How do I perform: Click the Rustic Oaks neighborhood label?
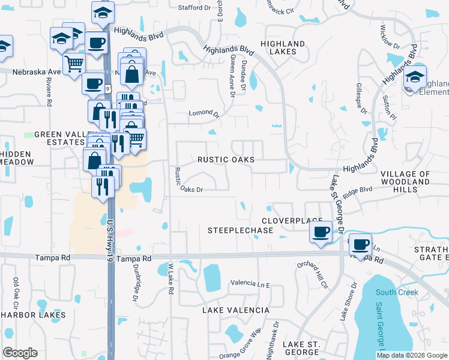[226, 160]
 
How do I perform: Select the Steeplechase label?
[237, 230]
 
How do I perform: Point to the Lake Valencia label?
[235, 310]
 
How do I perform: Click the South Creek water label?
[397, 292]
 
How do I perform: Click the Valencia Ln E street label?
[251, 283]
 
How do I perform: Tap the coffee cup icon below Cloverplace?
[321, 232]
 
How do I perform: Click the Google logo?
[20, 353]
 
